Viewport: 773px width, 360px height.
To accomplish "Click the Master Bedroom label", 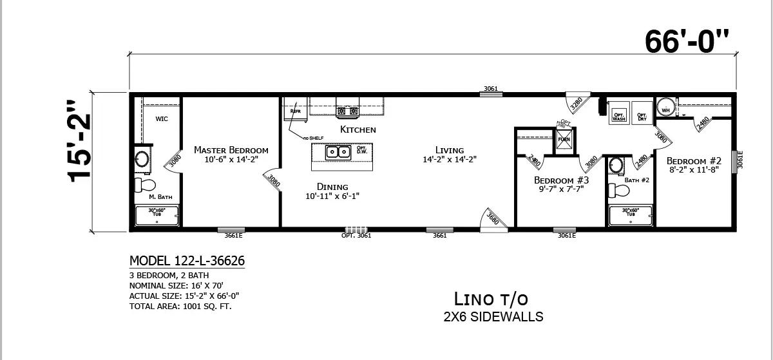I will click(231, 150).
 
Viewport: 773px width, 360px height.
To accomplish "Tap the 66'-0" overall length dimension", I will click(687, 42).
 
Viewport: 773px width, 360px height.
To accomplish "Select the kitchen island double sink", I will click(337, 152).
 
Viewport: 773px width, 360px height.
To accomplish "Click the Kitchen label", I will click(358, 129).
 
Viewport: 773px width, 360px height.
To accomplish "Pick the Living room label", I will click(449, 150).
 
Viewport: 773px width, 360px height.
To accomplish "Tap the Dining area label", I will click(332, 187).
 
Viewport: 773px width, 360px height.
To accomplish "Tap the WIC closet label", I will click(162, 119).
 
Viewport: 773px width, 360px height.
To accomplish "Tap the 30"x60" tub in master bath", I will click(157, 215).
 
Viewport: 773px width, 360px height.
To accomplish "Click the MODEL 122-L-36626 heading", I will click(187, 261).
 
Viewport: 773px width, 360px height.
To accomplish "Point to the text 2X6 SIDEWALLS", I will click(493, 317).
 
